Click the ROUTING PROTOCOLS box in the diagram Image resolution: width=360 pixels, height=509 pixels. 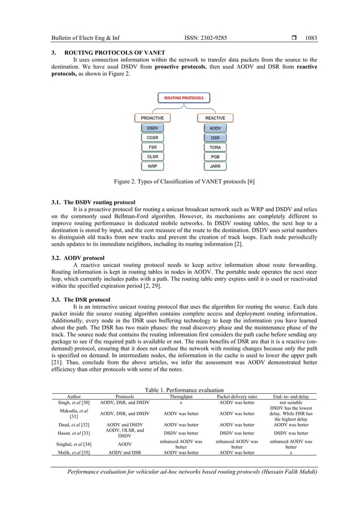(x=183, y=98)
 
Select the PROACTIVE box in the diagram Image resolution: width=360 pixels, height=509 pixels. (x=152, y=118)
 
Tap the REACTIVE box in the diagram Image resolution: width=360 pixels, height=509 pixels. (x=215, y=118)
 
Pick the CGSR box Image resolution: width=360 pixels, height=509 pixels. (x=152, y=137)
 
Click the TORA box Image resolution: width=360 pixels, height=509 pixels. (x=215, y=147)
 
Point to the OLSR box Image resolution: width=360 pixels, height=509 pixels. (x=152, y=156)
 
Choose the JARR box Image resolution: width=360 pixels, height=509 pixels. (x=215, y=166)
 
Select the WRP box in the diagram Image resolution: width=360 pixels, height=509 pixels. (x=152, y=166)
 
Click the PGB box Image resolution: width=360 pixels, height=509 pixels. (x=215, y=156)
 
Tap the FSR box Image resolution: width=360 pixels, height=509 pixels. (x=152, y=147)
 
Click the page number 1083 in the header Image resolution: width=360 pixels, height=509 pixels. (x=311, y=39)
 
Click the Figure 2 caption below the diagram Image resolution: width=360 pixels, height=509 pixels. (x=180, y=182)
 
